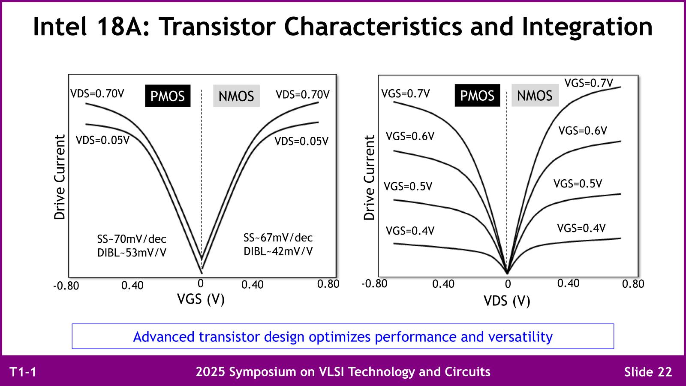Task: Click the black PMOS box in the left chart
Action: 168,96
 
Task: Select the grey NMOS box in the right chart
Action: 535,96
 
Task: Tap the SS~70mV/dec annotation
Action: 132,239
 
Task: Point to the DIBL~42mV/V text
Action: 278,251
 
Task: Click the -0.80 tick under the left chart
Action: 66,286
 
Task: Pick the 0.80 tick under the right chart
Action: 633,284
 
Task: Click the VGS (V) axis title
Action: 201,299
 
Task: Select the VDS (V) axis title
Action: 507,301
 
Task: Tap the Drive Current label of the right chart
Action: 369,178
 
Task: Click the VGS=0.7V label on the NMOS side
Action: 588,83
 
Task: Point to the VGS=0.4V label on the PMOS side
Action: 410,231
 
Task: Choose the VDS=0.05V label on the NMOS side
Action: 301,141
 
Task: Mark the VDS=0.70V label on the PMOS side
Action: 97,94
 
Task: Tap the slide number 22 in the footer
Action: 663,372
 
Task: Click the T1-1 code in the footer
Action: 23,372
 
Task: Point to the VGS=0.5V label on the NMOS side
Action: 578,184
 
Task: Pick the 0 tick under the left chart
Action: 200,283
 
